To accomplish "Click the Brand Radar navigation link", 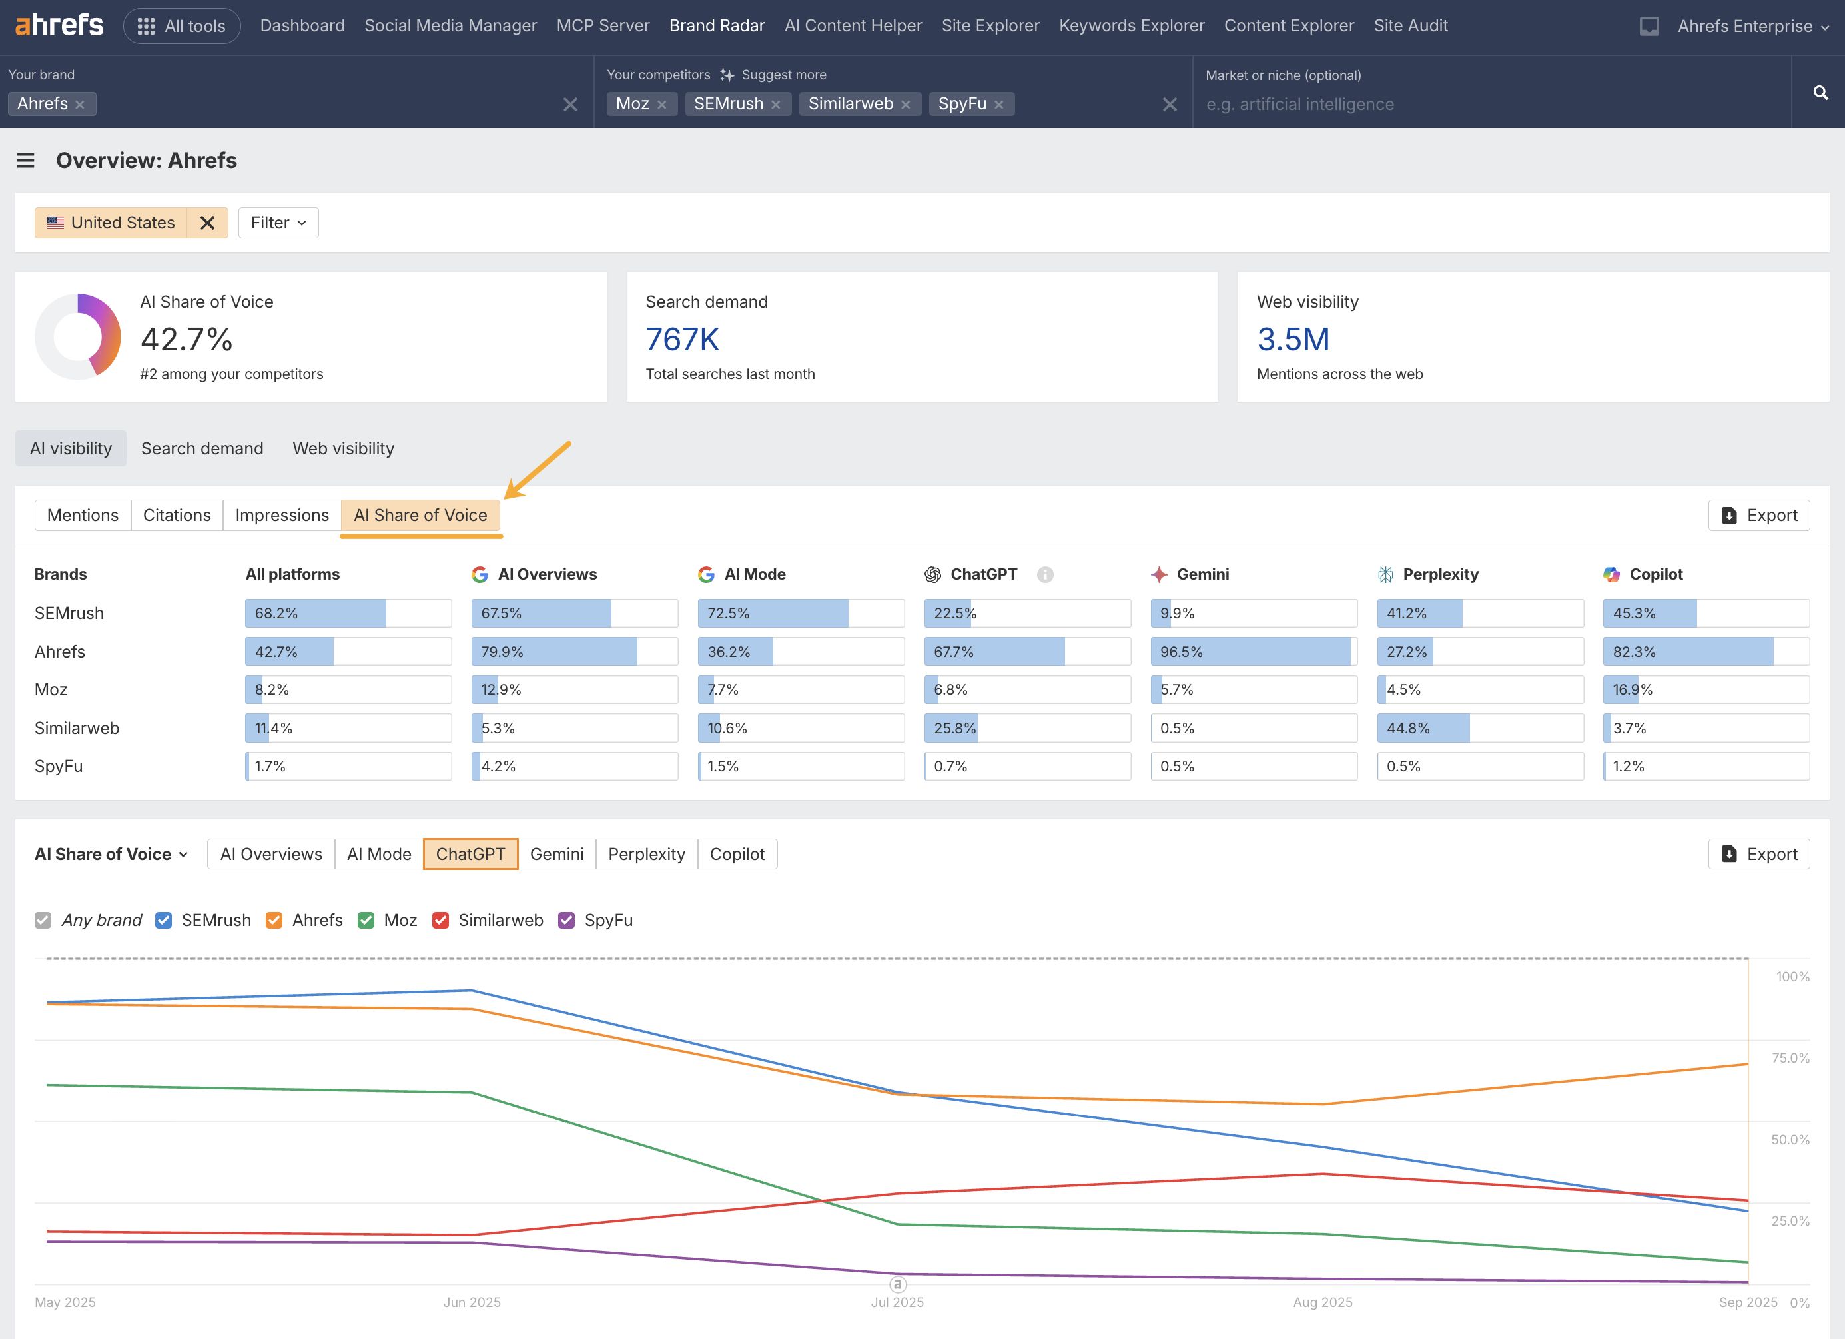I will (716, 26).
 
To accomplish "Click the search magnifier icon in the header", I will (1820, 93).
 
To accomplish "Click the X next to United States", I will (207, 223).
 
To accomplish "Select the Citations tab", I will (177, 515).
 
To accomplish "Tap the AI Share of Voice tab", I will (420, 515).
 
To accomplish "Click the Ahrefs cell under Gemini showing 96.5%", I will (1253, 652).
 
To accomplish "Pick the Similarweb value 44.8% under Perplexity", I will (1479, 728).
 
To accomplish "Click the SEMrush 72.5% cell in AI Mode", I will (800, 614).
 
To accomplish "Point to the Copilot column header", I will (1655, 574).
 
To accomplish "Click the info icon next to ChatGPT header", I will (1044, 575).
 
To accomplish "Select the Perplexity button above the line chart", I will (646, 854).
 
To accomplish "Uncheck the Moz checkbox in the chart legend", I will (366, 920).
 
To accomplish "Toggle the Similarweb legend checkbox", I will (441, 920).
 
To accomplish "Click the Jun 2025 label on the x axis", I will (472, 1302).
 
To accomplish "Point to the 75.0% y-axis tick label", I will (1790, 1057).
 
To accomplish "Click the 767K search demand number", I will (681, 339).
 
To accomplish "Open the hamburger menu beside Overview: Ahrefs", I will (26, 161).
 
